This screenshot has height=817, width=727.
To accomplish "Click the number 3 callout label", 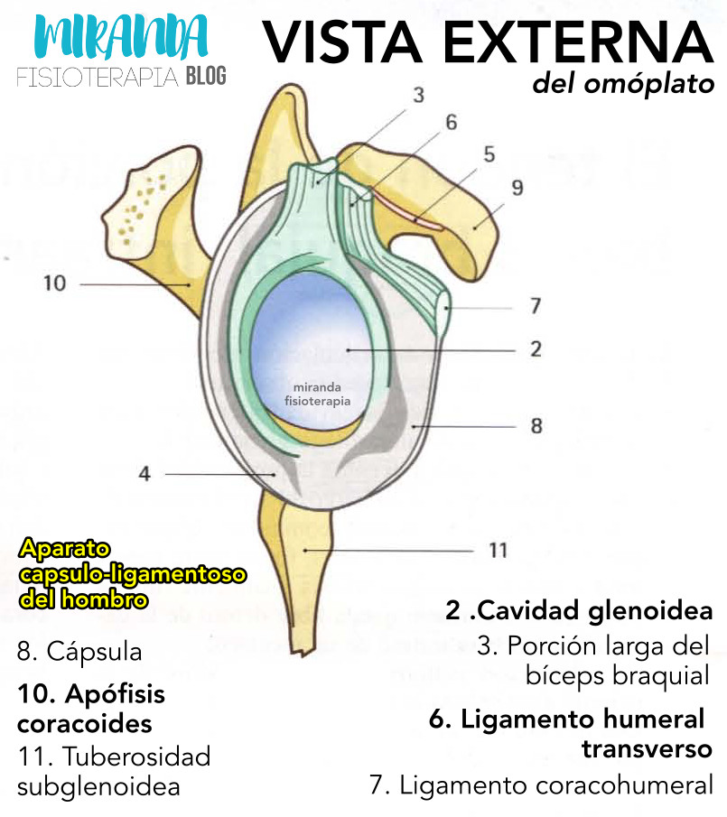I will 418,94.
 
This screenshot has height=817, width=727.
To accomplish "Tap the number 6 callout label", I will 451,122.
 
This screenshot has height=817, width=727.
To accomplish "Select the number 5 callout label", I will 489,154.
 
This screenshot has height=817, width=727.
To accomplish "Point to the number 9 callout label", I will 517,188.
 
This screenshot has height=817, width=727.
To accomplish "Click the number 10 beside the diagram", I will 54,283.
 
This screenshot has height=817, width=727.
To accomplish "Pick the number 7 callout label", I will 535,307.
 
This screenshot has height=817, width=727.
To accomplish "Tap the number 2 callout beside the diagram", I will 536,348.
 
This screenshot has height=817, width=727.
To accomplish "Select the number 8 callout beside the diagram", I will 536,424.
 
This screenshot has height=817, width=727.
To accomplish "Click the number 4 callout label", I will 144,473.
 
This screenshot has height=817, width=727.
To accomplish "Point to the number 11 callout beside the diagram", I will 498,549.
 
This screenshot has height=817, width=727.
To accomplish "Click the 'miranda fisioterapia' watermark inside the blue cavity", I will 317,395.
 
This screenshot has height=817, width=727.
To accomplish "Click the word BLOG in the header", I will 206,77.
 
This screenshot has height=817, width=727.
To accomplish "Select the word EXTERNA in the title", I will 575,43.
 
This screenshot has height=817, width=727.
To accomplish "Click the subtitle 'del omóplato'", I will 623,86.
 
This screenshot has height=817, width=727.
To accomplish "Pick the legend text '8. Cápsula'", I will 79,651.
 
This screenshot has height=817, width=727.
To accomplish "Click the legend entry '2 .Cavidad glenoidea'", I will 579,611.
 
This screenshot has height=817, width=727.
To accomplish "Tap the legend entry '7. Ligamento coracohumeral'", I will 540,785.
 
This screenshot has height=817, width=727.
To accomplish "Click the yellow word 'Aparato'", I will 63,548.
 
